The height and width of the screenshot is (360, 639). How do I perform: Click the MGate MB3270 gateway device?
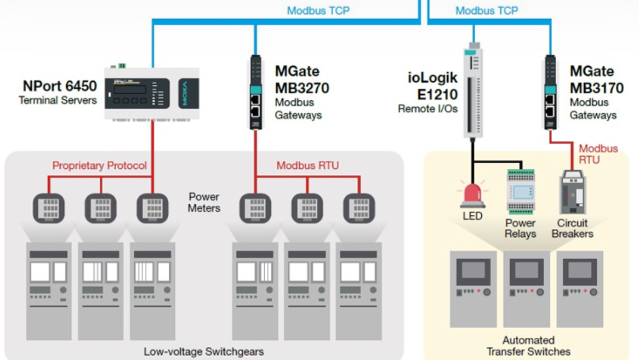point(255,92)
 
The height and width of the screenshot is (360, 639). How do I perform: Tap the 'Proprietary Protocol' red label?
point(100,165)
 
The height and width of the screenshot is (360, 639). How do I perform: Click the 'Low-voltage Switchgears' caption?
point(204,351)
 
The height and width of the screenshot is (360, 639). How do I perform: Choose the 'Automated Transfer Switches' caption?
point(528,346)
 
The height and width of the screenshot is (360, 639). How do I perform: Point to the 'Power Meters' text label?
point(204,202)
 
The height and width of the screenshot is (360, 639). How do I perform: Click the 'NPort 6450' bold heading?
point(60,86)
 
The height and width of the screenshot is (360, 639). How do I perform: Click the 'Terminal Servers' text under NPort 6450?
point(58,100)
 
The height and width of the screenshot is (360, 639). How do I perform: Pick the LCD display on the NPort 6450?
point(129,89)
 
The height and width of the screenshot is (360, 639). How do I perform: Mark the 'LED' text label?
point(472,216)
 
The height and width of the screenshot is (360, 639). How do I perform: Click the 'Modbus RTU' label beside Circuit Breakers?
point(598,154)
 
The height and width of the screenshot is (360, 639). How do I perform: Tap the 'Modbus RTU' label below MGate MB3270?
point(307,165)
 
